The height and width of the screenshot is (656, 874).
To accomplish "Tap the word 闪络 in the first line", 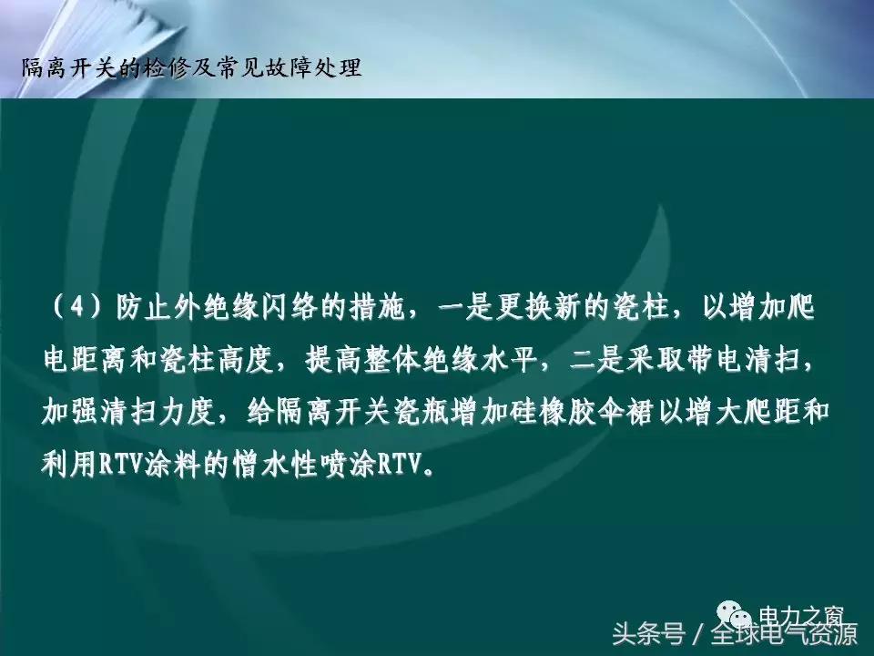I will [x=289, y=308].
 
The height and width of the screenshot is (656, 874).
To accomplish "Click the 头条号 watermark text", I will [x=647, y=633].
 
